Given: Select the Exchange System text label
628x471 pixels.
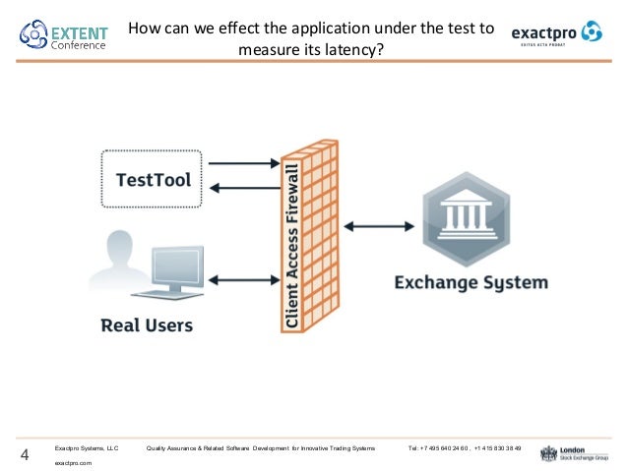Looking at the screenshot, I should [x=471, y=283].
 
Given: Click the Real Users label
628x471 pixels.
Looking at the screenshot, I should [x=146, y=324].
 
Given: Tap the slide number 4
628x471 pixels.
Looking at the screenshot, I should [x=24, y=454].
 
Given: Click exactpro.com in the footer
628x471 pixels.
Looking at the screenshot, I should [x=73, y=461].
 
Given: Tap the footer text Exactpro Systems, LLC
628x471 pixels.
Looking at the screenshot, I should [x=86, y=448].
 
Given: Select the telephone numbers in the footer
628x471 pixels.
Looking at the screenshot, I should [x=464, y=448].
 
